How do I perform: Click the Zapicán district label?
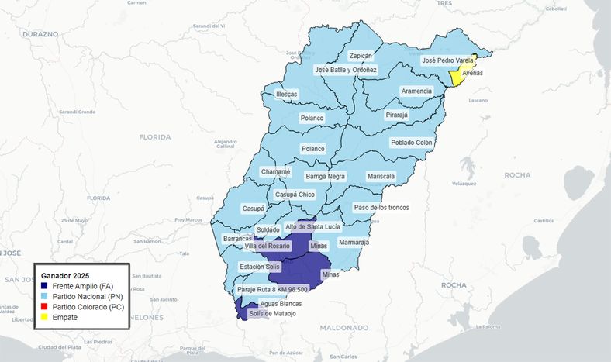361,56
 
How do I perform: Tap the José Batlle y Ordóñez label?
345,70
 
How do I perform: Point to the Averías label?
473,73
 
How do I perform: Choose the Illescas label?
287,95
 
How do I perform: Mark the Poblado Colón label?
412,143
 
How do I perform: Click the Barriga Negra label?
325,176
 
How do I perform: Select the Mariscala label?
381,176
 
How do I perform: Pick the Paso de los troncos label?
380,208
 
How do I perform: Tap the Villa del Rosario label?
267,246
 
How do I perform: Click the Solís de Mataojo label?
272,313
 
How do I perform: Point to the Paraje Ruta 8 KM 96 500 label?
272,289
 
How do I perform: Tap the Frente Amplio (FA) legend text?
83,286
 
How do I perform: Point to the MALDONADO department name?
343,328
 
